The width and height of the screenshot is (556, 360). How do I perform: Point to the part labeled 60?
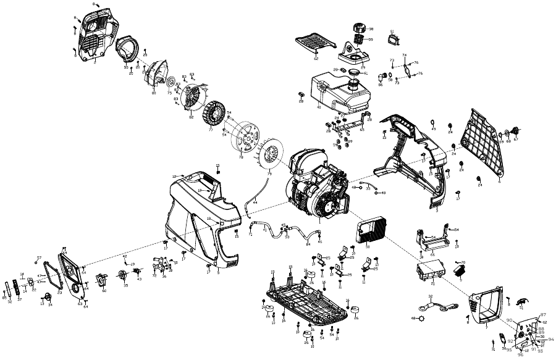[x=103, y=278]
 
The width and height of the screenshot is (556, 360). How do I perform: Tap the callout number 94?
[x=551, y=339]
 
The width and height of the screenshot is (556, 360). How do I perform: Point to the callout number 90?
[x=510, y=320]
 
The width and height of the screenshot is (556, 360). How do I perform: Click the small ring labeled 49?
[x=433, y=122]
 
